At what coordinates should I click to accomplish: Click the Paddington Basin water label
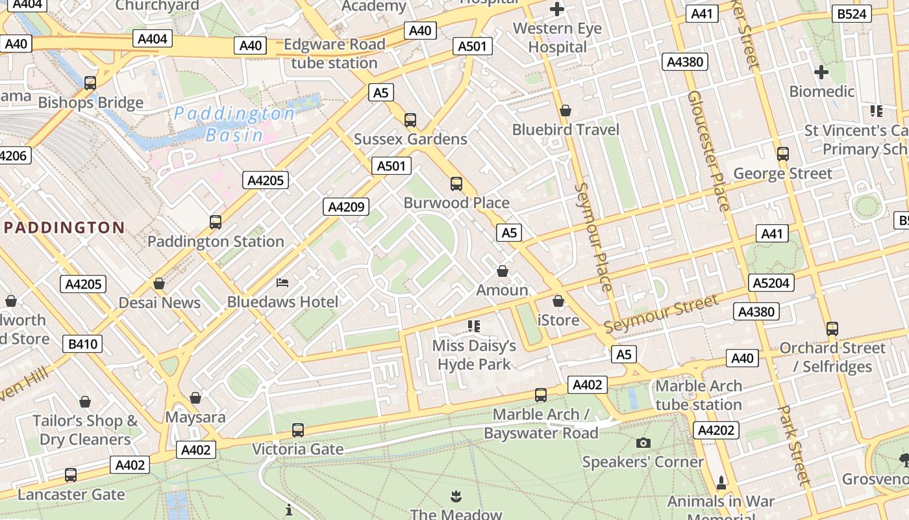(234, 124)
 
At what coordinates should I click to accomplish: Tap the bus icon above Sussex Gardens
(410, 120)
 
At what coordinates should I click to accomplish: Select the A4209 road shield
(347, 207)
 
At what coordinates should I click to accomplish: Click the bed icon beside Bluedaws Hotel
(282, 282)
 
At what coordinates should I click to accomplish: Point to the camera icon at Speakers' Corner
(643, 443)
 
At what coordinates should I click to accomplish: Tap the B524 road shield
(852, 14)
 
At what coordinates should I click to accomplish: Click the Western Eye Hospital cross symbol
(557, 9)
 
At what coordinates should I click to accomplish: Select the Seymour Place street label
(594, 237)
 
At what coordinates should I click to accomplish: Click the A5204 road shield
(771, 283)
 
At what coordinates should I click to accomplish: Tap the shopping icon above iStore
(558, 301)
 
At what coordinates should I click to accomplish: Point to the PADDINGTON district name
(64, 227)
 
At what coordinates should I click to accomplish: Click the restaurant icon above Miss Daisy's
(474, 326)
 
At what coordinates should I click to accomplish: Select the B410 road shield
(83, 344)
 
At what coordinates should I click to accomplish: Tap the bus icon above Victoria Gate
(298, 430)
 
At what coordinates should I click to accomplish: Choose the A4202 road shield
(717, 430)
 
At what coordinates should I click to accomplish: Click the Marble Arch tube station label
(699, 395)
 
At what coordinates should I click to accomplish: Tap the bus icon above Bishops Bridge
(90, 83)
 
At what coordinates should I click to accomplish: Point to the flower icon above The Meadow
(456, 497)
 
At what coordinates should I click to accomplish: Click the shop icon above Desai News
(159, 283)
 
